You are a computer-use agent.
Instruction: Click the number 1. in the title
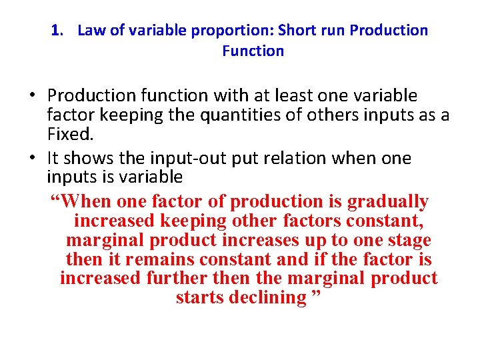[57, 31]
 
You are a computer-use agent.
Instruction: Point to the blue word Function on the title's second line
[253, 51]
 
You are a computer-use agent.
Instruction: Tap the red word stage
[407, 240]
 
